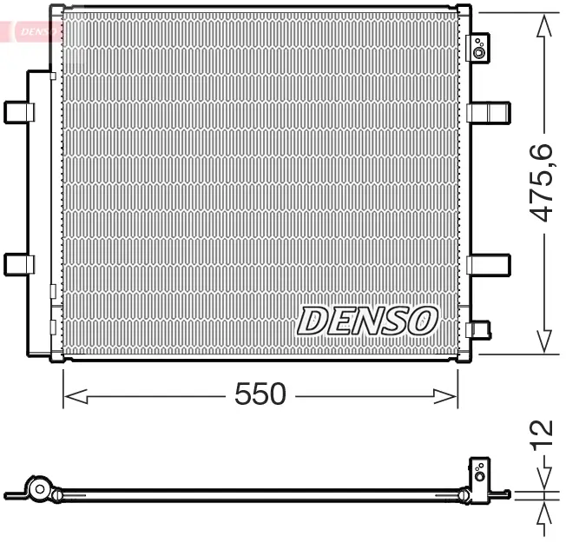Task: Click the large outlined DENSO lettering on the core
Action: pyautogui.click(x=366, y=321)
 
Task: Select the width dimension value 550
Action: pyautogui.click(x=260, y=394)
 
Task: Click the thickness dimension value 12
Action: pyautogui.click(x=542, y=430)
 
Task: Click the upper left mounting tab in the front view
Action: pyautogui.click(x=19, y=112)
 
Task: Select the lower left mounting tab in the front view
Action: pyautogui.click(x=19, y=263)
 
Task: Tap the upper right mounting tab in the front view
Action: pyautogui.click(x=489, y=113)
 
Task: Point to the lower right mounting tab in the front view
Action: pyautogui.click(x=489, y=263)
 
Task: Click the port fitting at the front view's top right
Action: pyautogui.click(x=479, y=49)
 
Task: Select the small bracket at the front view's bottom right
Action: pyautogui.click(x=478, y=329)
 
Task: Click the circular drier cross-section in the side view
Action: pyautogui.click(x=38, y=489)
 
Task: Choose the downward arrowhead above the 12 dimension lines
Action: pyautogui.click(x=544, y=480)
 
